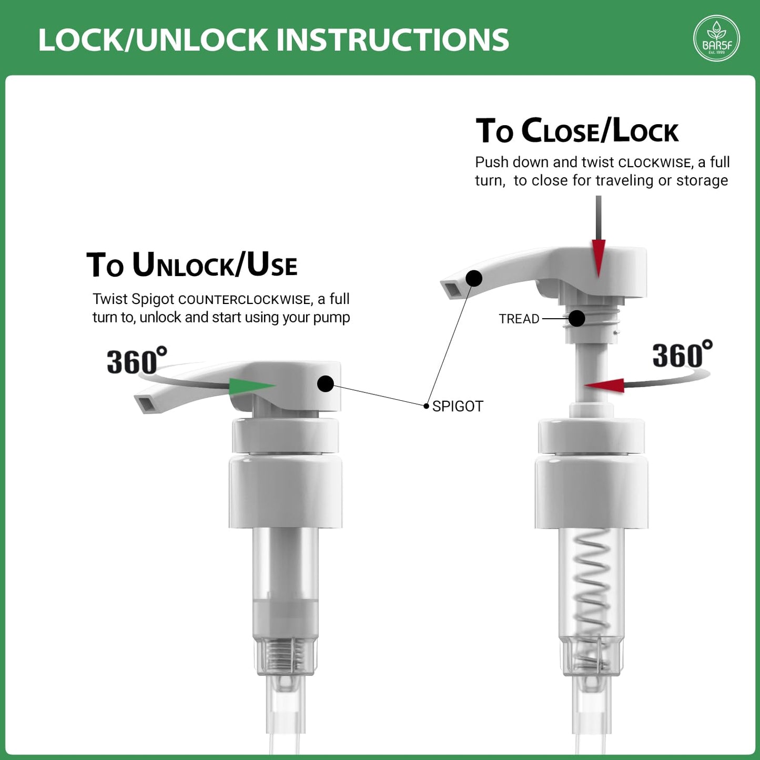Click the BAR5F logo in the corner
[x=716, y=38]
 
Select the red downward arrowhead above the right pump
[x=599, y=258]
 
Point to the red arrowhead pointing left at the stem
[x=604, y=386]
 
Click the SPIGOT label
[x=458, y=407]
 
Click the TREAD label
[x=519, y=319]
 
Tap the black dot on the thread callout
[x=577, y=318]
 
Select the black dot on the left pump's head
[x=326, y=384]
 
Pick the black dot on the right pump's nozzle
[x=474, y=278]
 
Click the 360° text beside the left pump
[x=137, y=360]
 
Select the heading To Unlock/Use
[x=191, y=265]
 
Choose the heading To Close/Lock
[x=577, y=130]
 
